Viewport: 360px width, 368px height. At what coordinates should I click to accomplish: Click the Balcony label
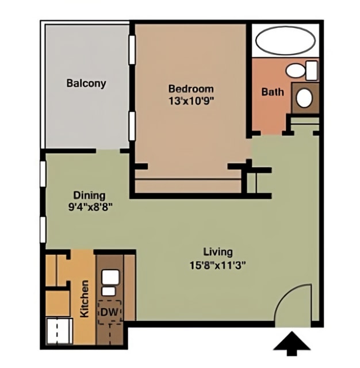(86, 83)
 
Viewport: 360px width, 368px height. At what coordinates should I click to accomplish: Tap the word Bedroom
(190, 89)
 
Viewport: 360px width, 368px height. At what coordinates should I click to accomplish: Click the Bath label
(272, 91)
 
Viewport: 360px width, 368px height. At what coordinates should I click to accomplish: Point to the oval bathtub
(285, 40)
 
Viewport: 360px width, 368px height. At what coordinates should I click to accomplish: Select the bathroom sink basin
(304, 98)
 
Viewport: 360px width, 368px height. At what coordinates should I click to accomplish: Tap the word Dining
(89, 195)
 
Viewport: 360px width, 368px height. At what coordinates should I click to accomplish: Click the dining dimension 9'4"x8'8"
(89, 205)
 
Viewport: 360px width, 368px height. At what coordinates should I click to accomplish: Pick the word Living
(218, 251)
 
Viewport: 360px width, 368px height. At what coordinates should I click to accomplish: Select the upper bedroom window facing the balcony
(132, 49)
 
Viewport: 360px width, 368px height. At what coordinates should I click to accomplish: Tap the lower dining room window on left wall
(43, 229)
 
